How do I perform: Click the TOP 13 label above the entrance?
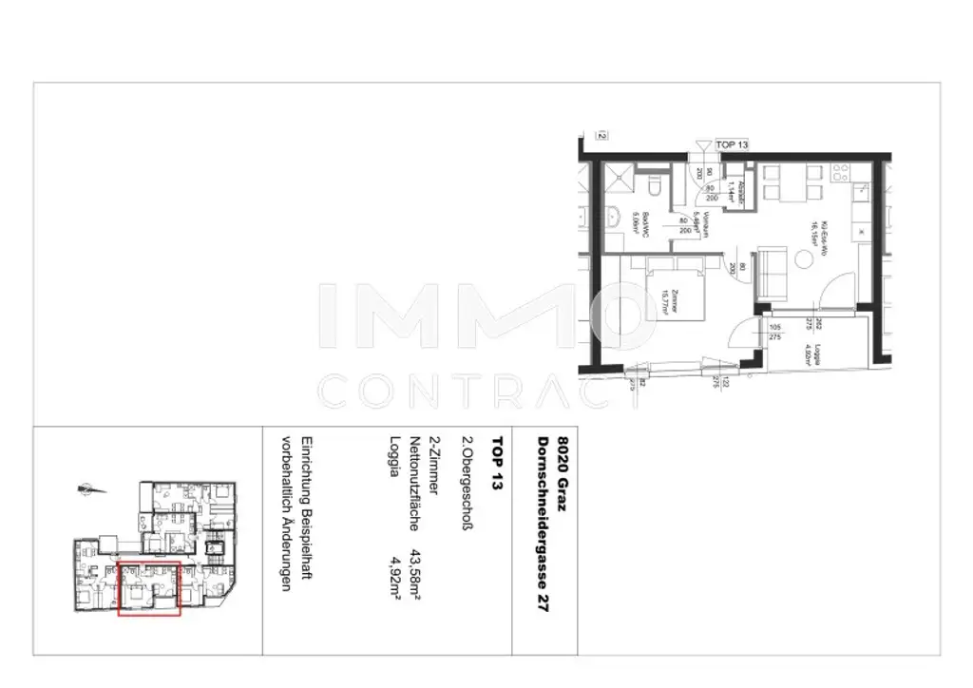(x=732, y=144)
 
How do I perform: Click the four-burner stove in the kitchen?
(x=843, y=173)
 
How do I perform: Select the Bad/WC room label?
(x=645, y=224)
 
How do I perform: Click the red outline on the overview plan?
(x=148, y=588)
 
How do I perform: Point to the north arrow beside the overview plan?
(x=91, y=489)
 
